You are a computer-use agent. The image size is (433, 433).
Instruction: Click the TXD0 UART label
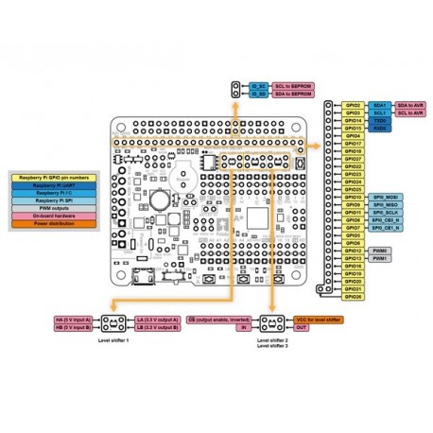380,121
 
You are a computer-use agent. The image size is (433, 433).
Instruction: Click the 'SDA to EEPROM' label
294,95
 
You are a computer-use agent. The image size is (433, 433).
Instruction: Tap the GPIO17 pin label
353,145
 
